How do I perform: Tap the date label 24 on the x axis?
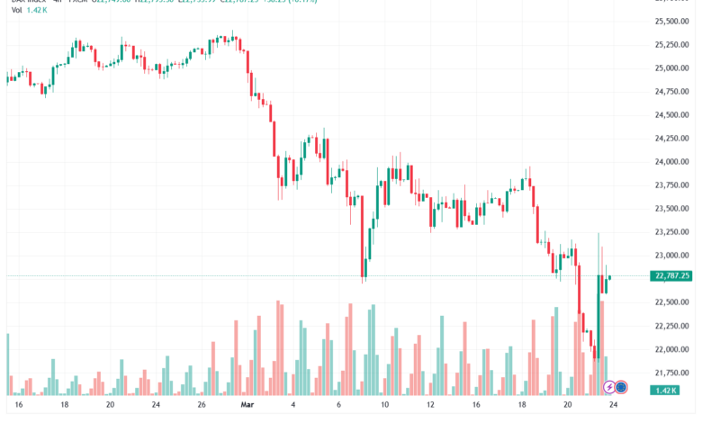(614, 407)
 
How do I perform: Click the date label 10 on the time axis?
(384, 407)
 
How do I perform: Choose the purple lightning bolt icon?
(609, 388)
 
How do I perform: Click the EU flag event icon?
(621, 388)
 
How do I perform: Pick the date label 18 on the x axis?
(65, 407)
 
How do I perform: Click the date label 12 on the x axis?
(430, 407)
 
